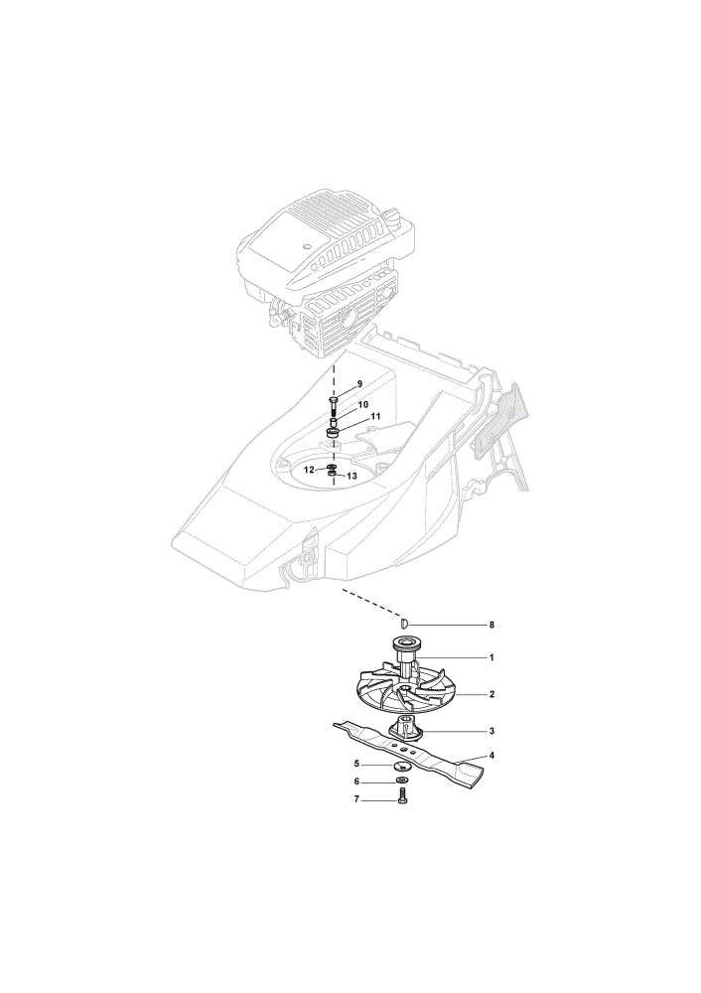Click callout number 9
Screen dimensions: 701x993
click(x=359, y=383)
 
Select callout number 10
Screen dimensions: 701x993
click(x=363, y=404)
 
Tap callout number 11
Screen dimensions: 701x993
click(x=375, y=416)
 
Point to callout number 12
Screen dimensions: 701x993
click(x=309, y=470)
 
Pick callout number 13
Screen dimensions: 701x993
click(x=352, y=475)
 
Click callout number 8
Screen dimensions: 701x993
click(x=491, y=625)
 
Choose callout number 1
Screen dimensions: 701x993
click(x=491, y=658)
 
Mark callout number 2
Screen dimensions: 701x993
click(x=491, y=695)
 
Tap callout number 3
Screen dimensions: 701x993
click(x=491, y=731)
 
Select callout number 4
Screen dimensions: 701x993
click(x=491, y=756)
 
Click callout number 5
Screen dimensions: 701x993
click(x=357, y=764)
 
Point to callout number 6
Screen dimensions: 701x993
click(x=357, y=782)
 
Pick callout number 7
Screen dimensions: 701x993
click(x=356, y=799)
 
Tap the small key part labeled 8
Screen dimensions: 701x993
click(x=406, y=624)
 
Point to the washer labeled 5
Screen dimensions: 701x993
click(x=401, y=766)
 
